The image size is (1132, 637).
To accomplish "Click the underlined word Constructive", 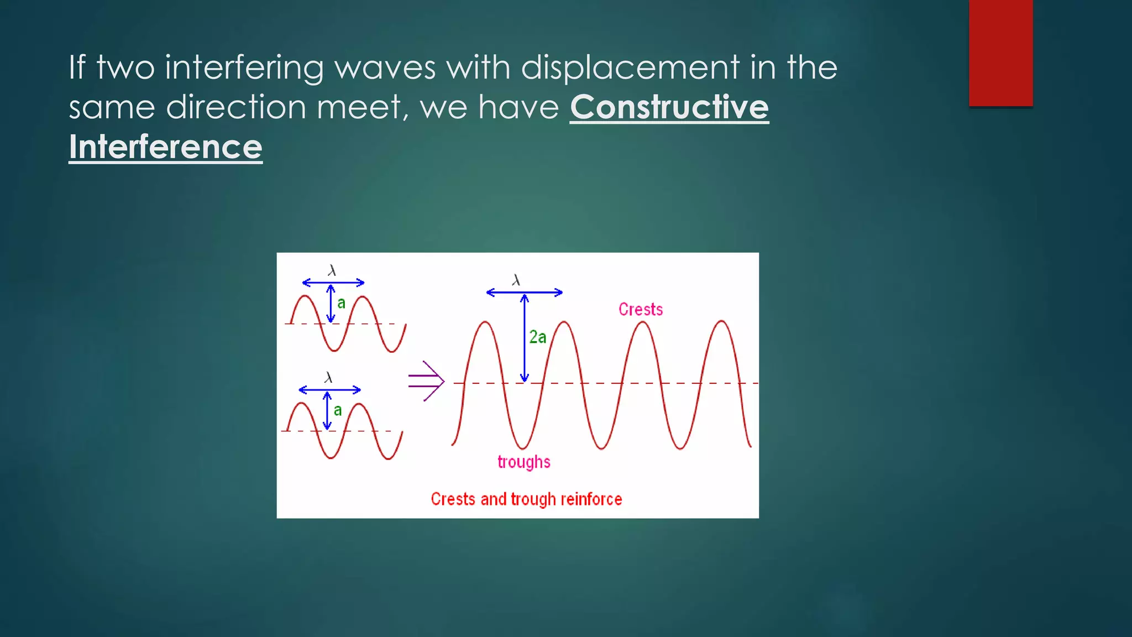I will (669, 107).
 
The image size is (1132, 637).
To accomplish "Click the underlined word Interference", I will (165, 147).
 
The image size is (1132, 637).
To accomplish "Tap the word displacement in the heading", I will (630, 67).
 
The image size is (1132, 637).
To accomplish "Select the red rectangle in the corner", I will (1000, 53).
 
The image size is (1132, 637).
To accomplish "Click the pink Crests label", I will (640, 309).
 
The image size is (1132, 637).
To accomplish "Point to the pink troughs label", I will (523, 462).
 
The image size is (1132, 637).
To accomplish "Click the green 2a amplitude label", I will (537, 337).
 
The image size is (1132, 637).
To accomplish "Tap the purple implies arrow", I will (426, 380).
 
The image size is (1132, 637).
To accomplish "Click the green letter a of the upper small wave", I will (341, 303).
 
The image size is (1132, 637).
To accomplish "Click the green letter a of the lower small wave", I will (338, 410).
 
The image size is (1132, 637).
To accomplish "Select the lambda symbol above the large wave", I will (516, 280).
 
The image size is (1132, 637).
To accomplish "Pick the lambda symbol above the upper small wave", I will (332, 270).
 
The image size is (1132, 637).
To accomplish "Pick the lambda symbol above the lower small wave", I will (328, 378).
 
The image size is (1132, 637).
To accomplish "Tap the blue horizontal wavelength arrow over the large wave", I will (524, 293).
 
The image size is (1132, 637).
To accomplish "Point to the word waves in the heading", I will (385, 67).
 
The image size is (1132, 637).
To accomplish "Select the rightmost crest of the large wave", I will (721, 322).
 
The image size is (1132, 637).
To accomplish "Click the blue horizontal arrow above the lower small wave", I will (329, 390).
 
